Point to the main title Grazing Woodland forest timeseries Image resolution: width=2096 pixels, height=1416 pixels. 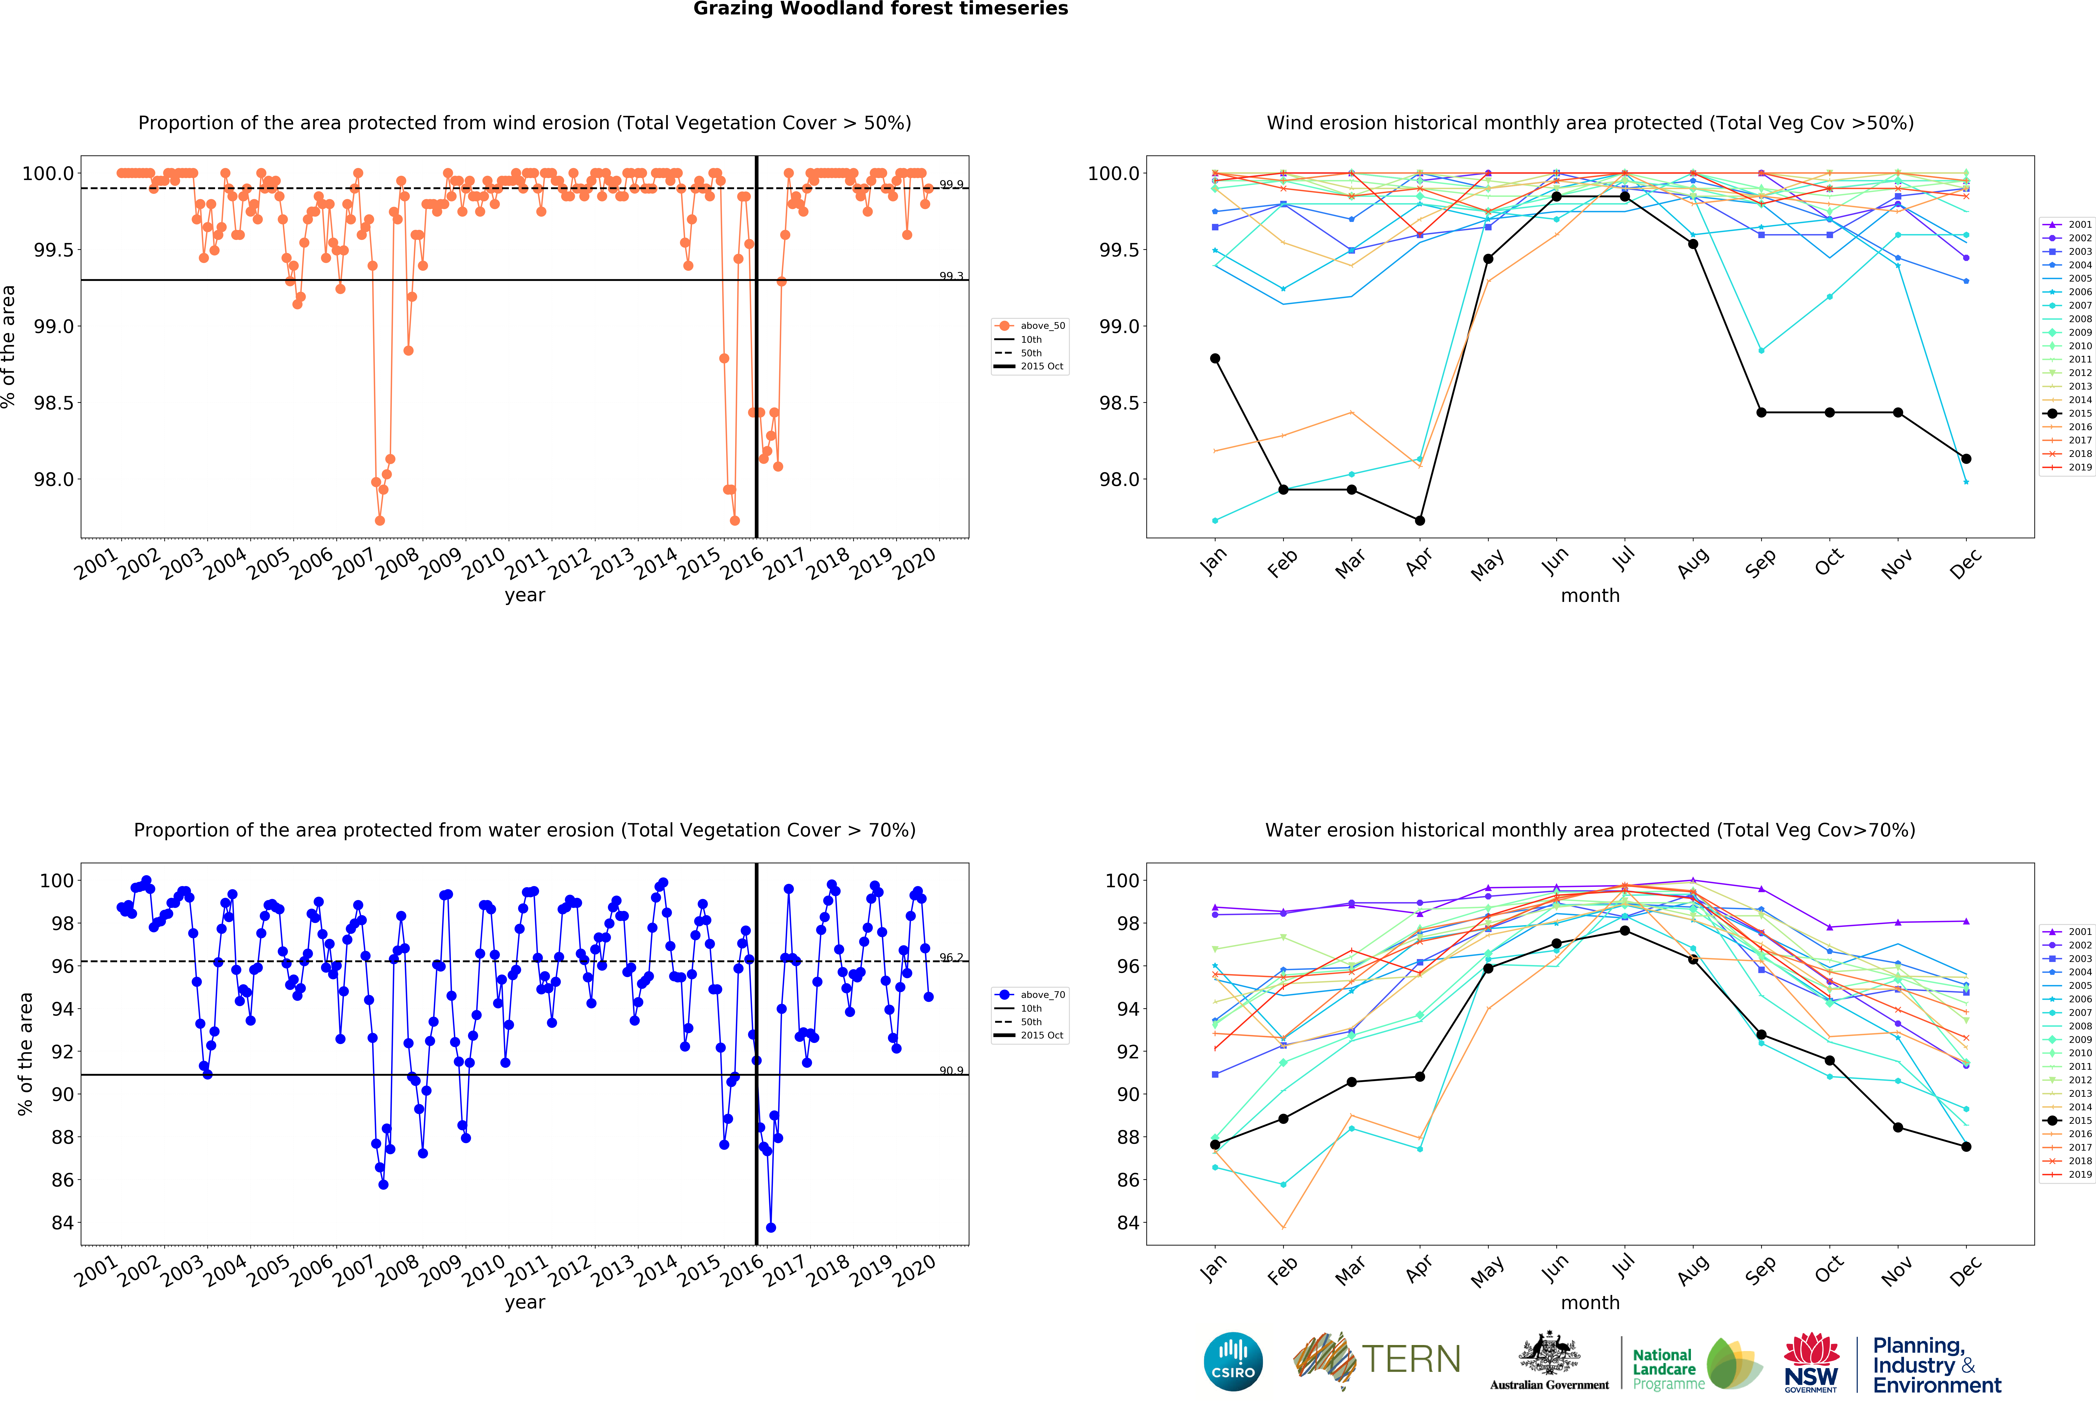pos(880,9)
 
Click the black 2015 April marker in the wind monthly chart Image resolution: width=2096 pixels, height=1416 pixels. pos(1420,520)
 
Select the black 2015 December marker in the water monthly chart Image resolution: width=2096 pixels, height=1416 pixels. pos(1966,1146)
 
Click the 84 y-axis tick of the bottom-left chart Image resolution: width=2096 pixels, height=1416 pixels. pos(62,1223)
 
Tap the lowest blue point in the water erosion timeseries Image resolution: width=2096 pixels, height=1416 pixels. pos(770,1228)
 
